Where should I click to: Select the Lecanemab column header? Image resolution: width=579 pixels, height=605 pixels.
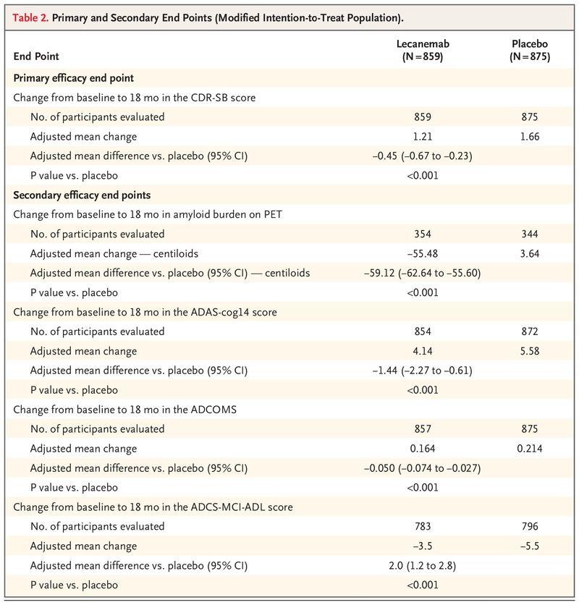tap(422, 50)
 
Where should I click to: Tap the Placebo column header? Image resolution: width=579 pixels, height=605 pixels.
tap(529, 50)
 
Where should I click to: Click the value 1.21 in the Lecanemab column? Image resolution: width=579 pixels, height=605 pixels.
tap(422, 136)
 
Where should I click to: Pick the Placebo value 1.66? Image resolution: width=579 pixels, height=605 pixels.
tap(530, 136)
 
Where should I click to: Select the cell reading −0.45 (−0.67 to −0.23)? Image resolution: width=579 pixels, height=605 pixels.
tap(422, 156)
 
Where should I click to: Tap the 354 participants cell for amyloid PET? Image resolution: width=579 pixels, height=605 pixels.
tap(422, 234)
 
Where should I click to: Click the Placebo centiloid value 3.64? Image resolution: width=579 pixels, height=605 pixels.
tap(530, 253)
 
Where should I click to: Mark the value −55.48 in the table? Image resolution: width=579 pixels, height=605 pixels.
tap(422, 253)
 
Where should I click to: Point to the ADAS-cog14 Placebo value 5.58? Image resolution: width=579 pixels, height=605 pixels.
tap(530, 351)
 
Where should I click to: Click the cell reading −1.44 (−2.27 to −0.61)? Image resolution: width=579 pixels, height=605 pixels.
tap(422, 371)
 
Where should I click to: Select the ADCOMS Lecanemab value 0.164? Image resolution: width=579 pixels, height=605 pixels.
tap(422, 449)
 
